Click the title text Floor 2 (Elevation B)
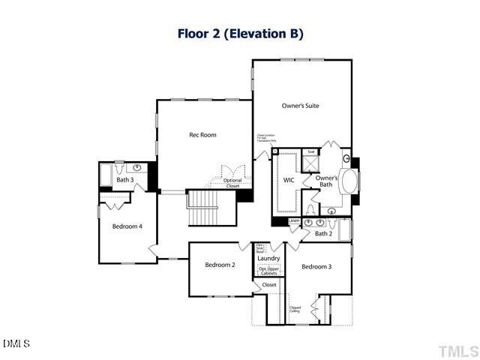[240, 34]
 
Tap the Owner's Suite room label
[300, 106]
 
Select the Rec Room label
[202, 135]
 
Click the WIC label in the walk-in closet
[288, 180]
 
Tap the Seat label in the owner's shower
[311, 151]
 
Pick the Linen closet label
[293, 220]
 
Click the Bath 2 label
[322, 234]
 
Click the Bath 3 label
[124, 180]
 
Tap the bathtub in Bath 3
[106, 174]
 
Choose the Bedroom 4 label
[127, 226]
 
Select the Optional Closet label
[232, 183]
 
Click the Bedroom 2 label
[220, 265]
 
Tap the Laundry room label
[268, 258]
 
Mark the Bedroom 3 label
[316, 266]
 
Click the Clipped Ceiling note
[295, 308]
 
